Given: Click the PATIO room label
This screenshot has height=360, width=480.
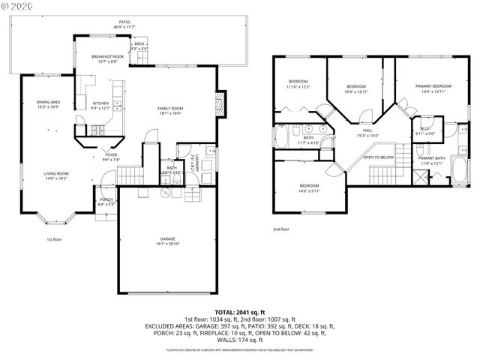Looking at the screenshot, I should click(x=124, y=22).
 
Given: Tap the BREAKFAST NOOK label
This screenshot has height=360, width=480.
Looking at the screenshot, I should click(x=107, y=57).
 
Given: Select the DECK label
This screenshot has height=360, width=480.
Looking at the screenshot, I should click(x=139, y=44).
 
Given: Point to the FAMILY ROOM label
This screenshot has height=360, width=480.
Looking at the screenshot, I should click(x=170, y=109).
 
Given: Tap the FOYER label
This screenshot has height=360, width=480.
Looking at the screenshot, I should click(x=111, y=155).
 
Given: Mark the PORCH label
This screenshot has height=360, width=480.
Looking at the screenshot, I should click(x=106, y=199).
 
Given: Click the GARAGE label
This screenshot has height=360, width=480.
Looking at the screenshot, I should click(x=167, y=238).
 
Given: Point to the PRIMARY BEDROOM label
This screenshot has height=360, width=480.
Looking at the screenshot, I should click(x=430, y=86).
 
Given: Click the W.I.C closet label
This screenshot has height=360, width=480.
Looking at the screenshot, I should click(x=425, y=129).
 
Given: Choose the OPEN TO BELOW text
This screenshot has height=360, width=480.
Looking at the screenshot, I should click(x=379, y=157).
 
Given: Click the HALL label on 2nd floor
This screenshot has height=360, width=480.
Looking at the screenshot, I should click(x=367, y=130).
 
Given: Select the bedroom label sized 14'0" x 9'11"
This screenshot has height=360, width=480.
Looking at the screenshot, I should click(x=310, y=190).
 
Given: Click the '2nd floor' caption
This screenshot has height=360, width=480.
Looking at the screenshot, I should click(x=280, y=229).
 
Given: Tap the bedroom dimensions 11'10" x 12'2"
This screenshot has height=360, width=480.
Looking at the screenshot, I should click(x=298, y=87).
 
